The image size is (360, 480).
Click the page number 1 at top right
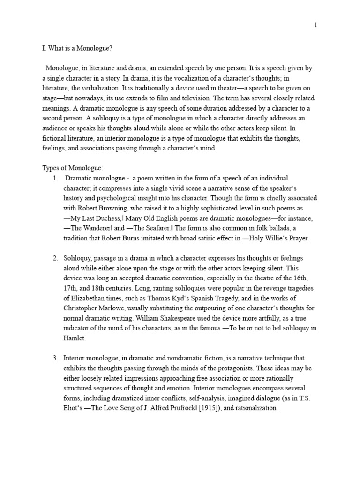tap(315, 25)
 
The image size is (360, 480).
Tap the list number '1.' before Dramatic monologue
tap(55, 178)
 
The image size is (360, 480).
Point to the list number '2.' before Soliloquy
tap(55, 258)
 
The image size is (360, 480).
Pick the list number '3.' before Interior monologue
tap(55, 358)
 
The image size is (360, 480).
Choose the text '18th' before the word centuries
tap(98, 288)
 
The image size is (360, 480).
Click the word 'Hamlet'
tap(75, 338)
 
